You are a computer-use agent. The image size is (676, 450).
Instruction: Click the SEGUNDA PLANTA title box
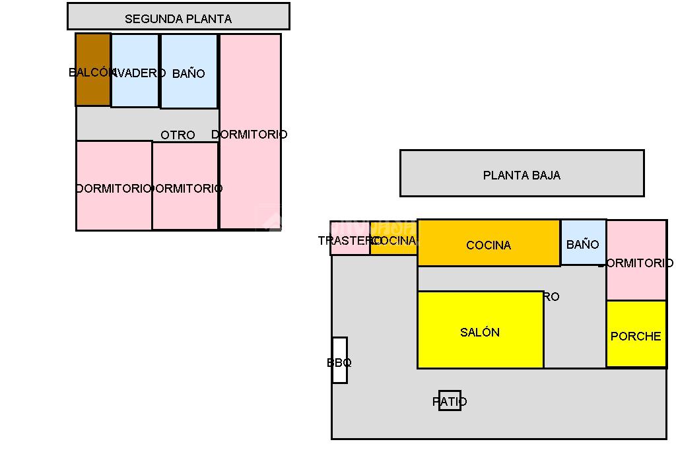[x=178, y=16]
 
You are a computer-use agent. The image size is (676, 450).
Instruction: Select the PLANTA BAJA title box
[x=522, y=174]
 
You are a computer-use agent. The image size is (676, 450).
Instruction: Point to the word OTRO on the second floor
[x=178, y=135]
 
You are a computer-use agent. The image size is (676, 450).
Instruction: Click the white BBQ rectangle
[x=339, y=360]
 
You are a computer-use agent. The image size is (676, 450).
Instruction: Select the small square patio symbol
[x=450, y=401]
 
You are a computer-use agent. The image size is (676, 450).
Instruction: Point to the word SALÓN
[x=480, y=333]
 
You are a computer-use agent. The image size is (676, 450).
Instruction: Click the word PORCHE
[x=636, y=337]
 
